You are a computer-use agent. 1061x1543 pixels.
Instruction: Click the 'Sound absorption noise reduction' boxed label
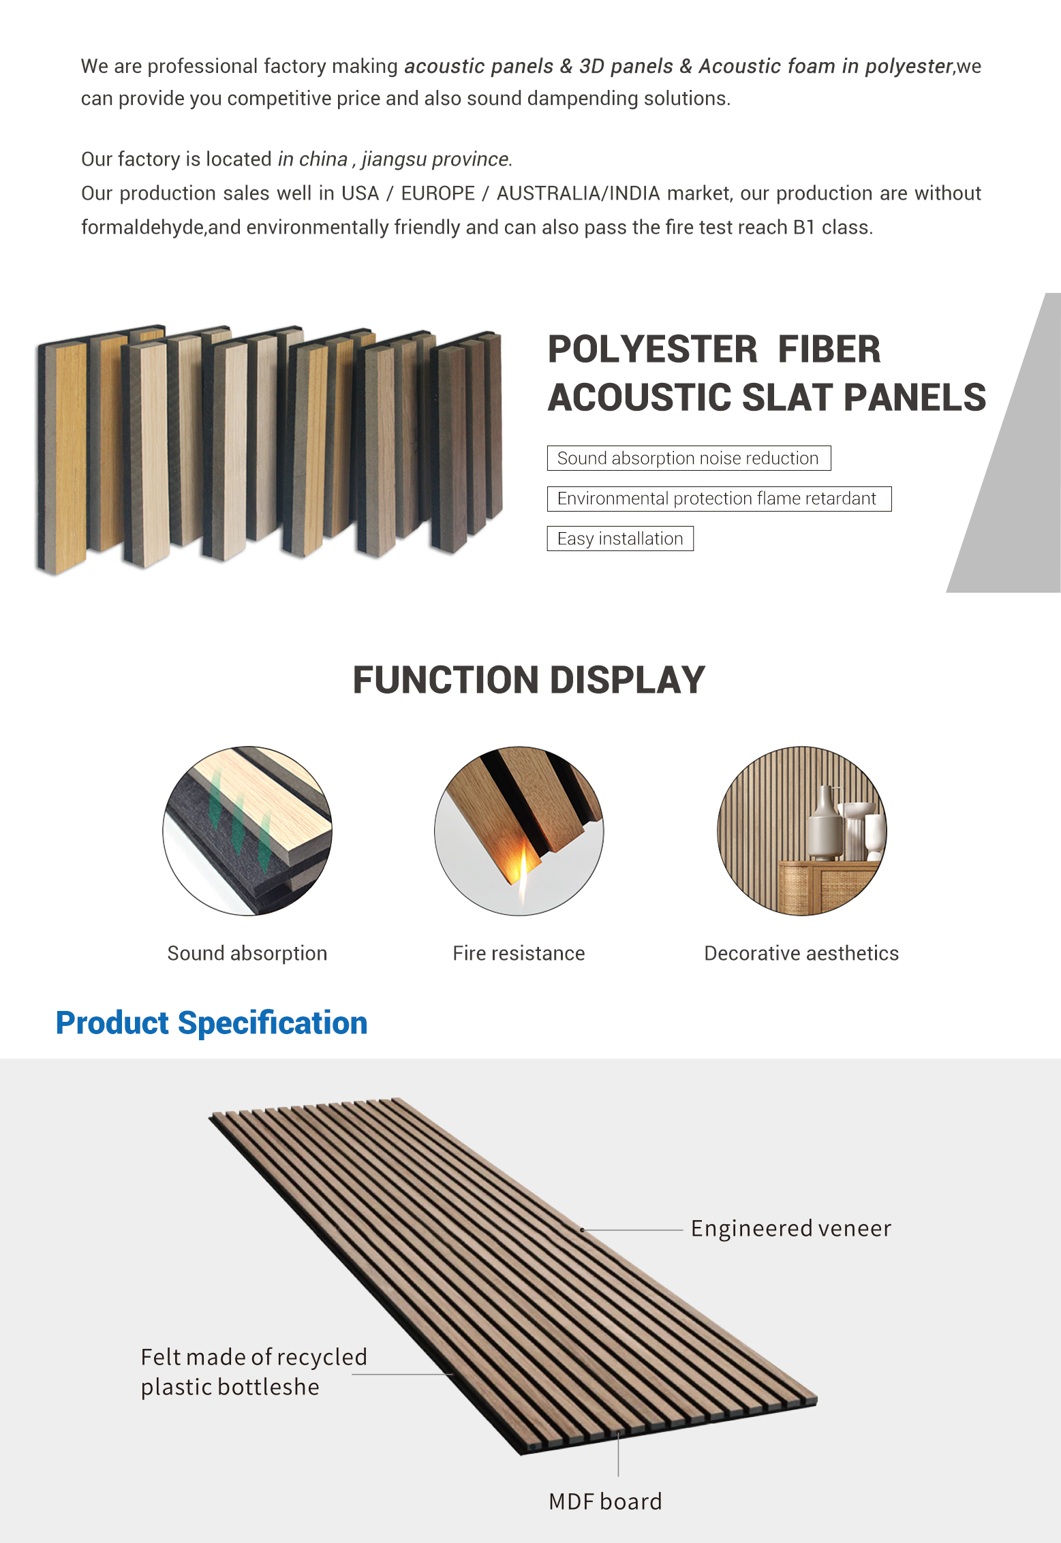coord(688,458)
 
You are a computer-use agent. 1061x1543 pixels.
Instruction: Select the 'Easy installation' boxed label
coord(620,539)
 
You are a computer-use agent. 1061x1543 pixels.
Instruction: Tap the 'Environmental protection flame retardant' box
coord(718,499)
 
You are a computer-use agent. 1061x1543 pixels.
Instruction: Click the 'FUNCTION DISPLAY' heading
coord(529,680)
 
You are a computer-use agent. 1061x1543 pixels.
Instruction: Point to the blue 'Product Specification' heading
coord(211,1023)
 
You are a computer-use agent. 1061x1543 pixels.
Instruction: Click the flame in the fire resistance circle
coord(523,873)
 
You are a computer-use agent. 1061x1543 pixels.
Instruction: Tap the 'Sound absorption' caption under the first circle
coord(247,953)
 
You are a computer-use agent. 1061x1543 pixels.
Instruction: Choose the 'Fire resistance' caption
coord(519,953)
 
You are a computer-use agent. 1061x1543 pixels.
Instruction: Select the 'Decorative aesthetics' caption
coord(801,953)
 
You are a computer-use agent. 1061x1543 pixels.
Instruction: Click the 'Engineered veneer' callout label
coord(790,1228)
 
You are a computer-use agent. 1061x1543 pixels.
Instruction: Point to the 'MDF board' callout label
coord(605,1501)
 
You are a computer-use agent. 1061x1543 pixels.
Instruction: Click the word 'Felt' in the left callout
coord(160,1357)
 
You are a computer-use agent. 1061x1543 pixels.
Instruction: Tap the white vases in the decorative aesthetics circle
coord(845,824)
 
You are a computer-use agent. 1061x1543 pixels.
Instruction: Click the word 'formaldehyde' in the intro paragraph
coord(142,228)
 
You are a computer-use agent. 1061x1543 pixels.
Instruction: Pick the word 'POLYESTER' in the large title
coord(652,349)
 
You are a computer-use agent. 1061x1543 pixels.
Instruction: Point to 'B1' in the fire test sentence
coord(804,228)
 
